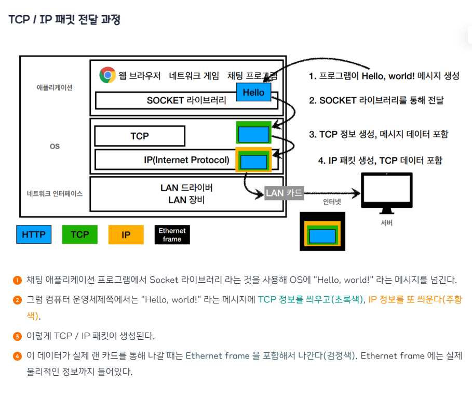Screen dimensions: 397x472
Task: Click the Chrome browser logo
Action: pos(107,75)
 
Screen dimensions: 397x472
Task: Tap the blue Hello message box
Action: pos(253,92)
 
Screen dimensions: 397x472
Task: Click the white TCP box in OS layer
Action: pos(140,136)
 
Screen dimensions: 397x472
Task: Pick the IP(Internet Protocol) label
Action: pos(186,160)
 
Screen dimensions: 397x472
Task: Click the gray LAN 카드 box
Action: pos(284,193)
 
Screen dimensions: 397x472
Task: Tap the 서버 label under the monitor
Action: pos(386,223)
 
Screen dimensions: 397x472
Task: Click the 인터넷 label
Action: pos(332,202)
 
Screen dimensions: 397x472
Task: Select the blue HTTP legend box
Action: pos(34,234)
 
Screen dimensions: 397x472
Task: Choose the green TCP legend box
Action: pos(79,234)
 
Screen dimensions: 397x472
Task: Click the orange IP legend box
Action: pos(126,234)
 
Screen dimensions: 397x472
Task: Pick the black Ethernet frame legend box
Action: pos(172,234)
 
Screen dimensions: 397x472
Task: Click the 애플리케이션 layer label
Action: pos(55,87)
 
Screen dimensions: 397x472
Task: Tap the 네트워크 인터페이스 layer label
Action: pos(55,193)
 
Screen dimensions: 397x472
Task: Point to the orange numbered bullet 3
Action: pos(17,336)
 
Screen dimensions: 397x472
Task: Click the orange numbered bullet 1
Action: pos(17,280)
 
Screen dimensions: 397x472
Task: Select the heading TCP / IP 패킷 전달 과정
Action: pos(64,20)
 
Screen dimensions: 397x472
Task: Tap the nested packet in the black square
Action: pos(322,236)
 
